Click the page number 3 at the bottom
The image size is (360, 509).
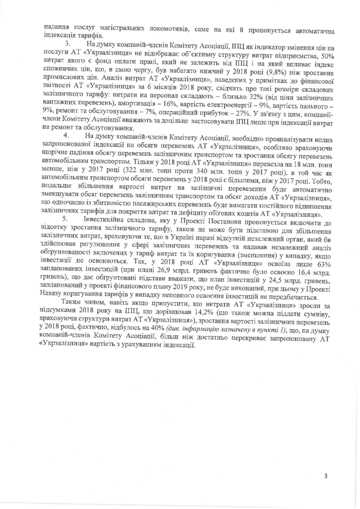(x=325, y=476)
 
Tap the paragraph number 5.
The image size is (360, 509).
(x=64, y=218)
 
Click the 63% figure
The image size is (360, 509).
(x=323, y=264)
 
